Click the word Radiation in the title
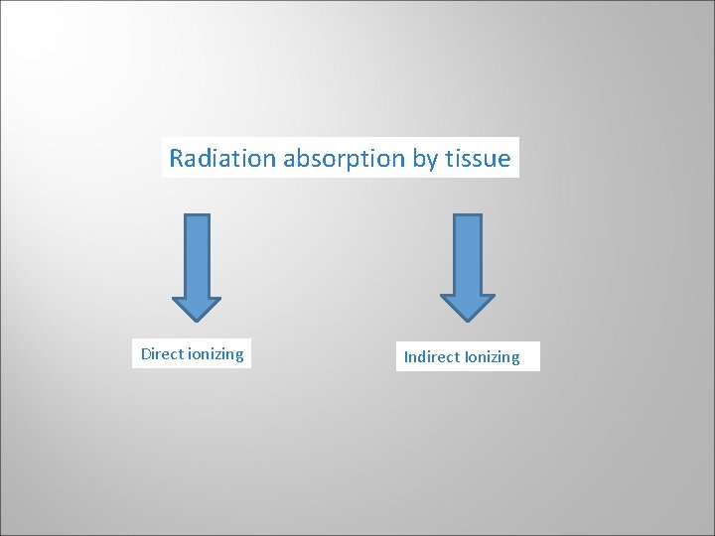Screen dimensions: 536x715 (x=223, y=158)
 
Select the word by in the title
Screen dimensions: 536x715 (x=425, y=159)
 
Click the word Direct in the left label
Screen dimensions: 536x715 (x=162, y=354)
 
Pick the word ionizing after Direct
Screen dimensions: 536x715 (x=215, y=354)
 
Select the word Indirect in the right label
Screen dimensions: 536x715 (x=431, y=357)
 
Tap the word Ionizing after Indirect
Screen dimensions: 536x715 (x=492, y=357)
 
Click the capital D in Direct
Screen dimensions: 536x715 (x=146, y=354)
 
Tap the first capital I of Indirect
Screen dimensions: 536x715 (x=406, y=357)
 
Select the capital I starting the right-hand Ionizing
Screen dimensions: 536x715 (x=465, y=357)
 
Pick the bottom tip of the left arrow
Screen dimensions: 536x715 (x=197, y=321)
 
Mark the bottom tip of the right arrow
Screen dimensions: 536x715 (x=467, y=321)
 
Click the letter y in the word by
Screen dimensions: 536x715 (x=432, y=161)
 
